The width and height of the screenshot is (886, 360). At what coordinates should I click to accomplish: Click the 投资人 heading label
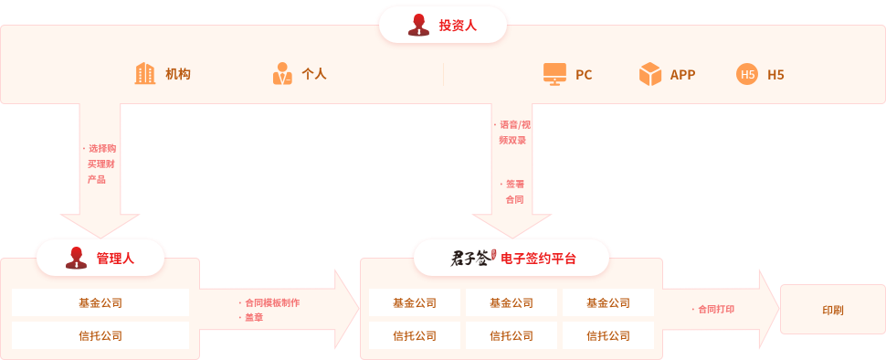click(x=458, y=25)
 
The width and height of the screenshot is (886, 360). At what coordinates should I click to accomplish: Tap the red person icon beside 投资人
click(x=419, y=25)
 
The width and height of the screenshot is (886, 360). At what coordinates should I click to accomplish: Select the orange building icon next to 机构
click(x=144, y=74)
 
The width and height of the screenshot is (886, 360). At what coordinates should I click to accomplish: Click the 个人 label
click(x=314, y=75)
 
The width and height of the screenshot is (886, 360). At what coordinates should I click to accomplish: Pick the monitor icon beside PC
click(x=554, y=74)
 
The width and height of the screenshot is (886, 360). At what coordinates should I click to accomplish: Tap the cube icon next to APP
click(x=649, y=74)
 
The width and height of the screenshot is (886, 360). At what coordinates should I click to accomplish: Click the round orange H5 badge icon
click(x=747, y=75)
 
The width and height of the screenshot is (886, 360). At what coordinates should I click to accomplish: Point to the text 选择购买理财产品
click(x=100, y=164)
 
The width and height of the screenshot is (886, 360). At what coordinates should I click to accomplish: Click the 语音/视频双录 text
click(x=512, y=132)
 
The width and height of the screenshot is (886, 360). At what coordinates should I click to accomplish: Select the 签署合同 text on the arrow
click(x=513, y=191)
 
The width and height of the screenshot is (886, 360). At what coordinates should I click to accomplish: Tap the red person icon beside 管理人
click(x=77, y=259)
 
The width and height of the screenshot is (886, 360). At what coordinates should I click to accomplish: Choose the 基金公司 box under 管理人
click(x=100, y=302)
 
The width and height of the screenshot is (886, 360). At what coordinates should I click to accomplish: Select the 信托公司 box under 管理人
click(x=100, y=335)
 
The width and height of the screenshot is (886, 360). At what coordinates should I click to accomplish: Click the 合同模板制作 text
click(x=272, y=302)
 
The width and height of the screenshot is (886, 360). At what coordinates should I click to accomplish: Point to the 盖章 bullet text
click(x=253, y=317)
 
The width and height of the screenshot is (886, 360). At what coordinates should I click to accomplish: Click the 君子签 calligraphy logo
click(x=472, y=259)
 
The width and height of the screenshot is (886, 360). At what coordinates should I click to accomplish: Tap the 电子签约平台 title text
click(x=539, y=259)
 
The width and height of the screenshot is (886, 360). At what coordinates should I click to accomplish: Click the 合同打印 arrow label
click(x=715, y=310)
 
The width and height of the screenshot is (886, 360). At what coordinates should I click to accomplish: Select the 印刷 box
click(x=832, y=310)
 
